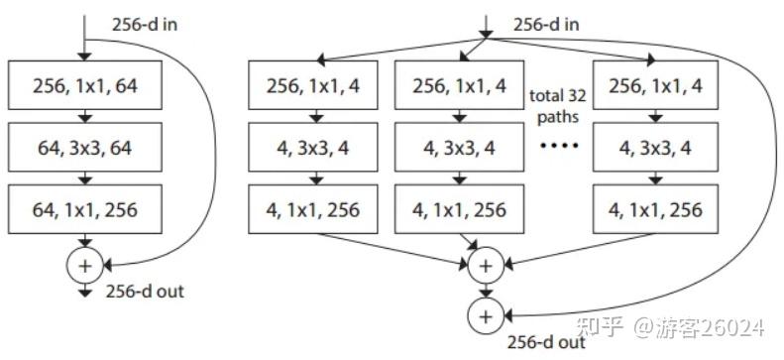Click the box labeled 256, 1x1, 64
coord(84,86)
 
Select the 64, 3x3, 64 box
coord(84,149)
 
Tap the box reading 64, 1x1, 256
coord(84,210)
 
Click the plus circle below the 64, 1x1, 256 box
coord(84,265)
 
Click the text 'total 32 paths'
coord(556,105)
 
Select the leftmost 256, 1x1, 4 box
coord(314,86)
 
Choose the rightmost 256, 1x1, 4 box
coord(654,86)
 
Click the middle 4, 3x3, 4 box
coord(459,149)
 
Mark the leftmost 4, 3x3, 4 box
coord(314,149)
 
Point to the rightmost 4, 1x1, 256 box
coord(654,210)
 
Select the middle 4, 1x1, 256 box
coord(459,210)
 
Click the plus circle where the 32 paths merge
coord(485,265)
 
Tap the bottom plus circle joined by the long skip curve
coord(485,315)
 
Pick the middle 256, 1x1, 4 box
coord(459,86)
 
